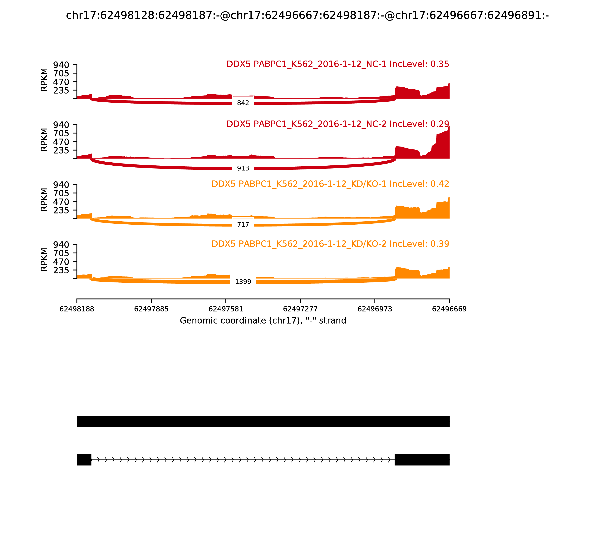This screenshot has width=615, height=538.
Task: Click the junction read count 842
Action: click(x=243, y=103)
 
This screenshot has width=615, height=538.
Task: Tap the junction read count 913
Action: click(x=243, y=169)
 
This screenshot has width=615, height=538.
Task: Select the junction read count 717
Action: click(x=243, y=225)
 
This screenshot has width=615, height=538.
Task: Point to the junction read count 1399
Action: click(x=243, y=282)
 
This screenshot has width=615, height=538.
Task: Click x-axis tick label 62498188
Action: click(x=77, y=309)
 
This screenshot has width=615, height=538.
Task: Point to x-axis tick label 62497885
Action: click(x=151, y=309)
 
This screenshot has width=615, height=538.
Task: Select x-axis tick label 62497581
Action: click(x=226, y=309)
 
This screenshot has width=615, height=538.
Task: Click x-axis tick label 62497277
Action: click(x=300, y=309)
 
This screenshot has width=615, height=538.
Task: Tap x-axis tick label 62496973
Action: click(x=375, y=309)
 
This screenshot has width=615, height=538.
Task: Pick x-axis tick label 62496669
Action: click(x=449, y=309)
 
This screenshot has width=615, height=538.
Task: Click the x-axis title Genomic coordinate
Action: click(x=263, y=321)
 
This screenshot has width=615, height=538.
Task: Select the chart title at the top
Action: click(x=307, y=15)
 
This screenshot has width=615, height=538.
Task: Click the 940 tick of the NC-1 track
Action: click(x=61, y=65)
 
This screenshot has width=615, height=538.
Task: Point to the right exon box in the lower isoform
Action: click(x=422, y=460)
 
